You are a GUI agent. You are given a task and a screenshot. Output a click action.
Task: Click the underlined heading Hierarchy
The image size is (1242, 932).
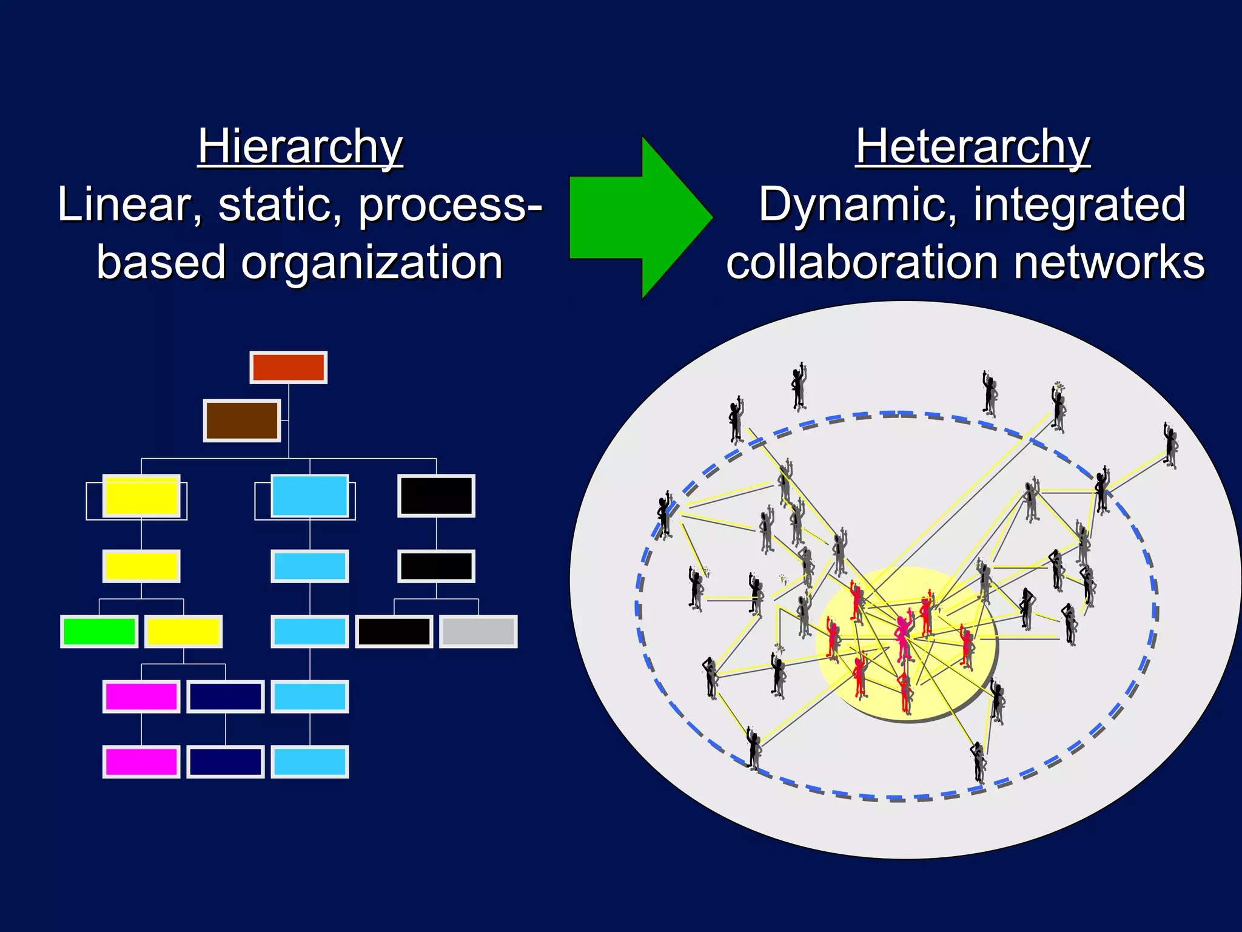(300, 147)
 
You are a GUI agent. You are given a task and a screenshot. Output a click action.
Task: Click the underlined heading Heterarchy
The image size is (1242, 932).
(972, 147)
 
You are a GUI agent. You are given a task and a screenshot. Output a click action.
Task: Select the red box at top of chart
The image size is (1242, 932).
(289, 368)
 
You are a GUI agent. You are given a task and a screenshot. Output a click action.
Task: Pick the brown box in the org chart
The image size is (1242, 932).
(242, 420)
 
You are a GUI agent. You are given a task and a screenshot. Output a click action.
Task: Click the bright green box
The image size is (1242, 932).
(99, 632)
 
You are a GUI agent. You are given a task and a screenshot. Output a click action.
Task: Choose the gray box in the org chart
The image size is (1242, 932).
(478, 632)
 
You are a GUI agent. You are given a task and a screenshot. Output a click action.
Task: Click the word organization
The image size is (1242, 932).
(372, 263)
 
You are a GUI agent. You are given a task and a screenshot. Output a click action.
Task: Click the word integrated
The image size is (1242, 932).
(1079, 205)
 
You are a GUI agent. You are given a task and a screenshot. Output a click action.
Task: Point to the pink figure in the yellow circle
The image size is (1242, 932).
(904, 637)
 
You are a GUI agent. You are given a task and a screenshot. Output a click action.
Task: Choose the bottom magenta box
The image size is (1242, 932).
(141, 761)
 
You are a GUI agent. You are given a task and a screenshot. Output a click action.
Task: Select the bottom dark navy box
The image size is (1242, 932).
(226, 761)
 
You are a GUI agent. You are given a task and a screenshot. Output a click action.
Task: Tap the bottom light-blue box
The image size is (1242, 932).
(310, 761)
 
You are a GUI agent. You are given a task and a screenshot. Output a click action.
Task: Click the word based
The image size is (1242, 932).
(161, 263)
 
